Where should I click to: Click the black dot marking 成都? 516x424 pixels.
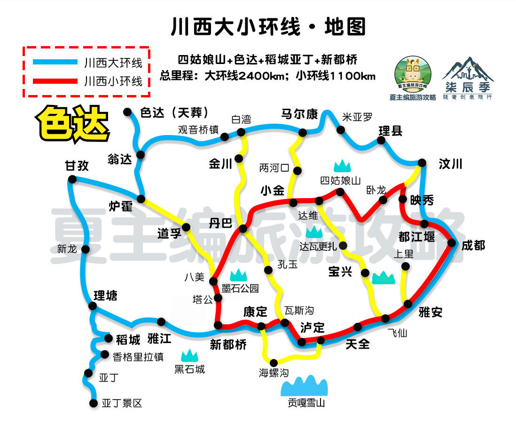click(x=452, y=243)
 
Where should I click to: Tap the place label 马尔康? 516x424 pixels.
click(x=299, y=114)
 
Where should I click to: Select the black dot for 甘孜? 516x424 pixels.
click(x=72, y=179)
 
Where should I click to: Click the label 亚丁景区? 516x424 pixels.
click(x=122, y=403)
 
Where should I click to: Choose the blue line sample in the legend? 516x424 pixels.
click(x=55, y=62)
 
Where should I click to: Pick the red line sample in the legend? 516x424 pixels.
click(x=55, y=81)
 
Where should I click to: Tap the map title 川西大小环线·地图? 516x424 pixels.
click(x=268, y=27)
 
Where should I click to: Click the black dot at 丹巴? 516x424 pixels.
click(x=243, y=229)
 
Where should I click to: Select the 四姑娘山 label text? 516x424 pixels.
click(x=340, y=180)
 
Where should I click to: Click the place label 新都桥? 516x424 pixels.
click(x=228, y=345)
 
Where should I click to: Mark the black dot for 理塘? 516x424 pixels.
click(x=93, y=306)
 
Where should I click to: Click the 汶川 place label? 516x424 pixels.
click(x=451, y=164)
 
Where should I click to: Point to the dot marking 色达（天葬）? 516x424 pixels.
click(x=127, y=112)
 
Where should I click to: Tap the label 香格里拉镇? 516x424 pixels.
click(x=138, y=357)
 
